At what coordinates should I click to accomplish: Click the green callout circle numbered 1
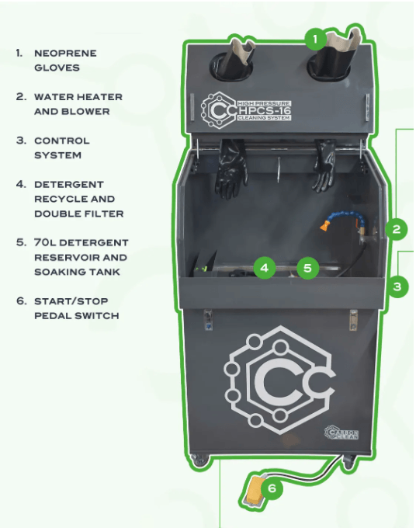coord(314,37)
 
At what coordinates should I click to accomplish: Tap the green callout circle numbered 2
coord(396,228)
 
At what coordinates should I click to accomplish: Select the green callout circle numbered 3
coord(397,287)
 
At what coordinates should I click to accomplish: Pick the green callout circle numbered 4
coord(265,269)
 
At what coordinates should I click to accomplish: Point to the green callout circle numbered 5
coord(308,269)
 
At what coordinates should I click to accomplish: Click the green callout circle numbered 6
coord(272,488)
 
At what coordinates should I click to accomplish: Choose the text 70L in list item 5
coord(45,243)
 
